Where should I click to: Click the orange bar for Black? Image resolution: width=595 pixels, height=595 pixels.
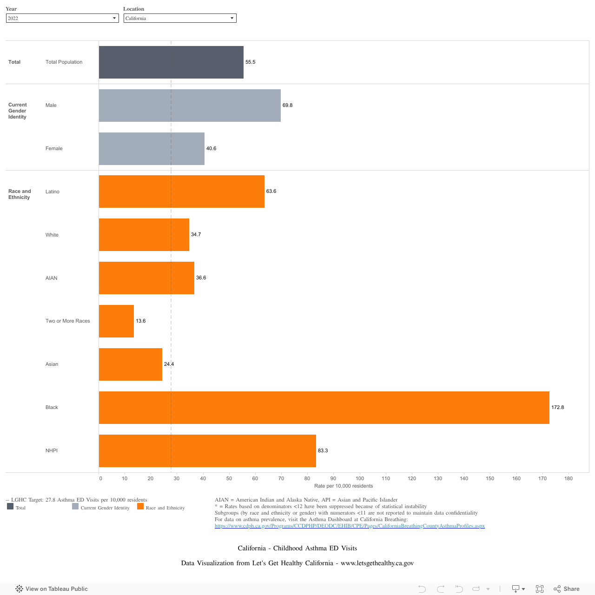click(324, 408)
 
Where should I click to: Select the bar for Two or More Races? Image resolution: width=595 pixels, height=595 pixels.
click(116, 321)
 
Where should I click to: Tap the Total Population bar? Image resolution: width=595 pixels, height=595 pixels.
click(171, 62)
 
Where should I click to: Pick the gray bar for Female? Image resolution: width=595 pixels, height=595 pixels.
click(152, 149)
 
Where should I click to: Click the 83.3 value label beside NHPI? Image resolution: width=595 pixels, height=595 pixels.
click(323, 451)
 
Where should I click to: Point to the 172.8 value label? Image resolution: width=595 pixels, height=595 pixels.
click(557, 408)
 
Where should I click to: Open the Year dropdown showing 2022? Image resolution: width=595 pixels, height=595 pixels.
click(62, 18)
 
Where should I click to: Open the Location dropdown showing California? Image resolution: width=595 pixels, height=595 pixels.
click(180, 18)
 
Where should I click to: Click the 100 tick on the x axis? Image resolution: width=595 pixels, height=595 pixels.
click(360, 478)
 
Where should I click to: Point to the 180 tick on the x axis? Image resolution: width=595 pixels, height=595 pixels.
click(569, 478)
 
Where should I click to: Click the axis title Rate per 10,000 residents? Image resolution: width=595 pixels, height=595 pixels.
click(344, 486)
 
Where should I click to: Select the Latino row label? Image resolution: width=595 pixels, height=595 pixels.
click(53, 192)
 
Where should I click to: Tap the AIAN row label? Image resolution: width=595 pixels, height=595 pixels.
click(52, 278)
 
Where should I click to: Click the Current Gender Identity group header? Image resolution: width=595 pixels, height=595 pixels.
click(18, 111)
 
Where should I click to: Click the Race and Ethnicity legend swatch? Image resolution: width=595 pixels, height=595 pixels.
click(140, 507)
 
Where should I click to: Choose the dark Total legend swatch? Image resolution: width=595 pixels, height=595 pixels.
click(10, 507)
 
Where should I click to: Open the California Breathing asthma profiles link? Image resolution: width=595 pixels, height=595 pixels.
click(350, 526)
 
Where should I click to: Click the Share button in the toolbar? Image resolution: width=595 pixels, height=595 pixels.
click(567, 589)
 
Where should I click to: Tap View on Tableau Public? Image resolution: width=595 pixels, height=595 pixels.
click(52, 589)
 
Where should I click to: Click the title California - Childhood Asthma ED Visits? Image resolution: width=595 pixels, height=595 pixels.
click(297, 549)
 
